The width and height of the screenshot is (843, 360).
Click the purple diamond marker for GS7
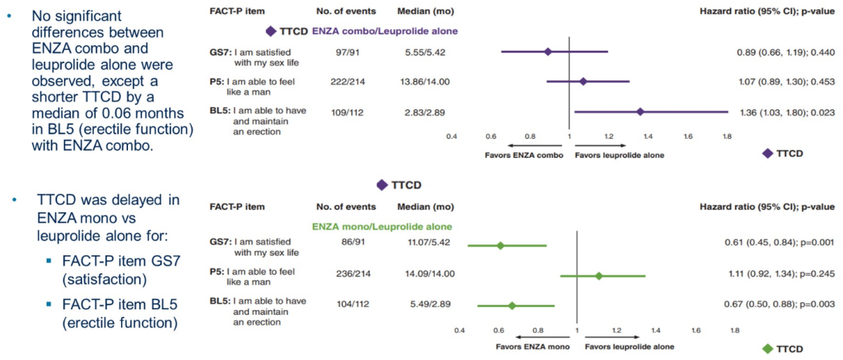tap(547, 52)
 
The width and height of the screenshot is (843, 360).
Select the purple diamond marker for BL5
tap(640, 111)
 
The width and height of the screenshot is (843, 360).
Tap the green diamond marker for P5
tap(599, 276)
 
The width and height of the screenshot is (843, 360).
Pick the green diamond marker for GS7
tap(500, 245)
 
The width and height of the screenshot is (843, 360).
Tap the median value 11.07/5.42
tap(425, 244)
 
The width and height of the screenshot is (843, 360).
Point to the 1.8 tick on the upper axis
tap(727, 136)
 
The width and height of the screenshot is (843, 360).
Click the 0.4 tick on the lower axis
tap(459, 330)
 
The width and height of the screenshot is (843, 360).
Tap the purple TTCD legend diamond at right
tap(768, 153)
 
